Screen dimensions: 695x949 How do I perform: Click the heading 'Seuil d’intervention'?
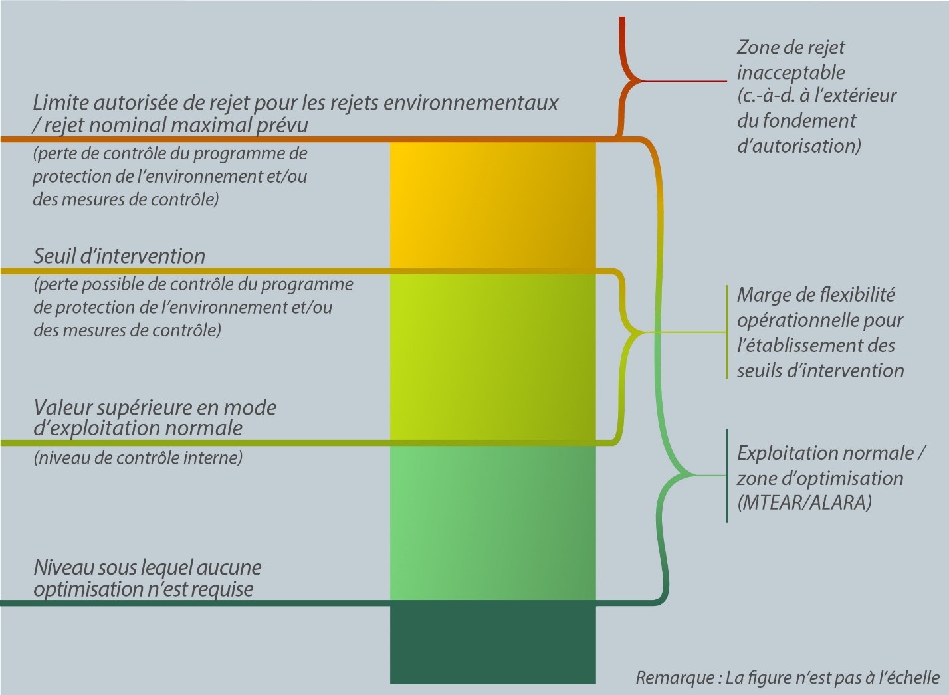point(119,256)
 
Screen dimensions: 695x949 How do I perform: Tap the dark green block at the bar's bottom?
point(492,642)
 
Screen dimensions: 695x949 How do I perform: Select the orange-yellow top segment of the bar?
point(492,206)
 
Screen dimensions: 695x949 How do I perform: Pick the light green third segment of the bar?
point(492,522)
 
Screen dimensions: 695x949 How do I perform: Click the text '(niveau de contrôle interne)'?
point(138,458)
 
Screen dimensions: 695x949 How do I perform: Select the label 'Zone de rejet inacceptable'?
point(790,60)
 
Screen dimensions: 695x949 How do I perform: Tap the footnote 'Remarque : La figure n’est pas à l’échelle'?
point(788,678)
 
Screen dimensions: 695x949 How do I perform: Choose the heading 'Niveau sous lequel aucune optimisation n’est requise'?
point(147,578)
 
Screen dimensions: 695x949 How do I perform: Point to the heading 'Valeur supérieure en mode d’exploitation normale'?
point(154,417)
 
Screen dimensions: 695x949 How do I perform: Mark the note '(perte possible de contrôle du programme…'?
point(193,307)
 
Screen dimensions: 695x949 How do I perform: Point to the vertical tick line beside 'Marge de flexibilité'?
point(727,332)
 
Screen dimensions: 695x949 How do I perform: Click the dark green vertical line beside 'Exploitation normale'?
point(727,476)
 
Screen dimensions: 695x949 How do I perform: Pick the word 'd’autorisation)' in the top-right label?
point(799,146)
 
